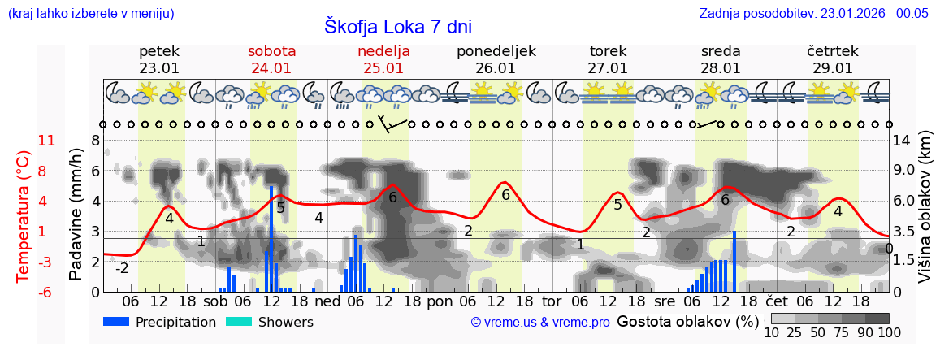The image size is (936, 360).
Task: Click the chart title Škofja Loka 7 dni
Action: pos(397,26)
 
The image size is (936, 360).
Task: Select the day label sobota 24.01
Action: pos(271,59)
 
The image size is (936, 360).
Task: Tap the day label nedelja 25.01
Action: pos(383,59)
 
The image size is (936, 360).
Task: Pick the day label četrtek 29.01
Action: pos(833,59)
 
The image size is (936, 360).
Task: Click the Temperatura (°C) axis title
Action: pos(24,216)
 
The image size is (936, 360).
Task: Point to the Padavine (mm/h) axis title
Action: pos(76,215)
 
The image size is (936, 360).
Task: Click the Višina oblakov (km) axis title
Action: pos(925,215)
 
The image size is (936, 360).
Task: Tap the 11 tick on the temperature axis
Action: pos(46,141)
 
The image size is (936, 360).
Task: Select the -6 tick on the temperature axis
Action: pos(46,292)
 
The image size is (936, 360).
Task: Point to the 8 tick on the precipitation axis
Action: pos(95,141)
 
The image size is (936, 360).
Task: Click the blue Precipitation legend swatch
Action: pos(116,322)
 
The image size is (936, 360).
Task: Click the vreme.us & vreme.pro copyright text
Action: pos(540,323)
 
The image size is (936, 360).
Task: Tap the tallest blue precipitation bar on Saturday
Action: pos(271,238)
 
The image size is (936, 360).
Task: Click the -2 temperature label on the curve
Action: pos(122,268)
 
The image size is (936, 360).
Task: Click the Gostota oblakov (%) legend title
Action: pos(687,321)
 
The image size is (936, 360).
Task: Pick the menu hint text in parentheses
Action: pos(90,13)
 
